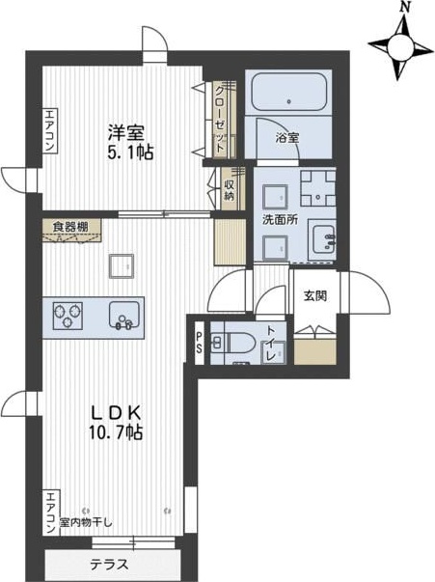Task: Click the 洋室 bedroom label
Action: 126,132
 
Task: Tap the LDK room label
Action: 116,412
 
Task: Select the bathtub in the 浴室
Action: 289,92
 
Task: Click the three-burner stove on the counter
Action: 68,316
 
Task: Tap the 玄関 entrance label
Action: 315,295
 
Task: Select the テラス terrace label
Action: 110,565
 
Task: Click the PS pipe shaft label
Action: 200,343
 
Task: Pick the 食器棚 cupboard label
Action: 70,227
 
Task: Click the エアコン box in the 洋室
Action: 50,130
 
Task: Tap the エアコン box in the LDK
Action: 51,513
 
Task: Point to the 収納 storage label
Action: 230,190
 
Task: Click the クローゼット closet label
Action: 220,120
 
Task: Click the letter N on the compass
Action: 406,7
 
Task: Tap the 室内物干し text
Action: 86,523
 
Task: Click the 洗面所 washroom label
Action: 280,220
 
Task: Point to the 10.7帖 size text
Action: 116,431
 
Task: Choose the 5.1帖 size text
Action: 130,152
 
